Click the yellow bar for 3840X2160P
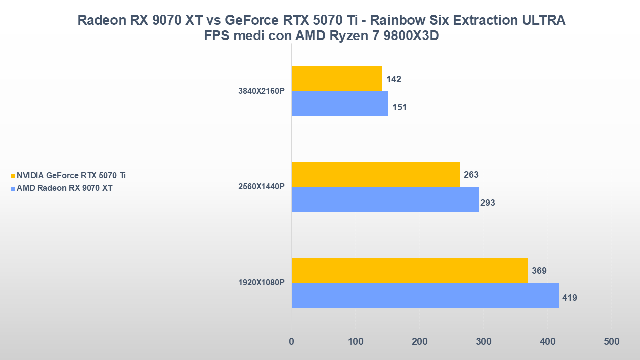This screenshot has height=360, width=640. pyautogui.click(x=337, y=79)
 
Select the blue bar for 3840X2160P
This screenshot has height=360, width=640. pyautogui.click(x=340, y=104)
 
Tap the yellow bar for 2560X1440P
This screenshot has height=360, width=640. pyautogui.click(x=375, y=174)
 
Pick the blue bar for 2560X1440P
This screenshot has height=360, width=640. pyautogui.click(x=385, y=199)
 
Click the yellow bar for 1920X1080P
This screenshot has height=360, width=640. pyautogui.click(x=409, y=270)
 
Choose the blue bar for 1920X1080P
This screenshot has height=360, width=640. pyautogui.click(x=425, y=295)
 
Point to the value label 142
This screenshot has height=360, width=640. pyautogui.click(x=394, y=79)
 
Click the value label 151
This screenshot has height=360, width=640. pyautogui.click(x=400, y=107)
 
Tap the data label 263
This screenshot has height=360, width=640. pyautogui.click(x=471, y=175)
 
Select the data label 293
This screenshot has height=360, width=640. pyautogui.click(x=487, y=203)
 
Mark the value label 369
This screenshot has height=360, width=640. pyautogui.click(x=539, y=271)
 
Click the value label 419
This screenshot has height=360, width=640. pyautogui.click(x=570, y=298)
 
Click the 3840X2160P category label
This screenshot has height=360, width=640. pyautogui.click(x=261, y=91)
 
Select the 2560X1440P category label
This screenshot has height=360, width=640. pyautogui.click(x=261, y=187)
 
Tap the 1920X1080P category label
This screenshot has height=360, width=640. pyautogui.click(x=261, y=283)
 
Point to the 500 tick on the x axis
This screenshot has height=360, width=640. pyautogui.click(x=611, y=342)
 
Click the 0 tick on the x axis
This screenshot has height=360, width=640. pyautogui.click(x=292, y=342)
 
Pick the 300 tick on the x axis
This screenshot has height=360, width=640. pyautogui.click(x=483, y=342)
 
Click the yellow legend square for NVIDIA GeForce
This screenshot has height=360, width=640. pyautogui.click(x=13, y=176)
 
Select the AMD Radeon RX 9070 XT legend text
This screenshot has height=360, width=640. pyautogui.click(x=64, y=188)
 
